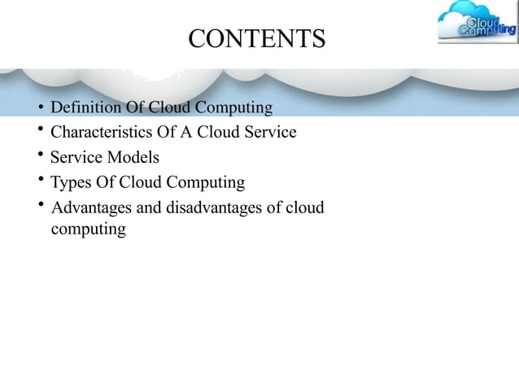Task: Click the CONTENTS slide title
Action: (x=256, y=38)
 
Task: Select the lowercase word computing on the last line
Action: (x=88, y=229)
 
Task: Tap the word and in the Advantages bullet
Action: (x=150, y=208)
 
